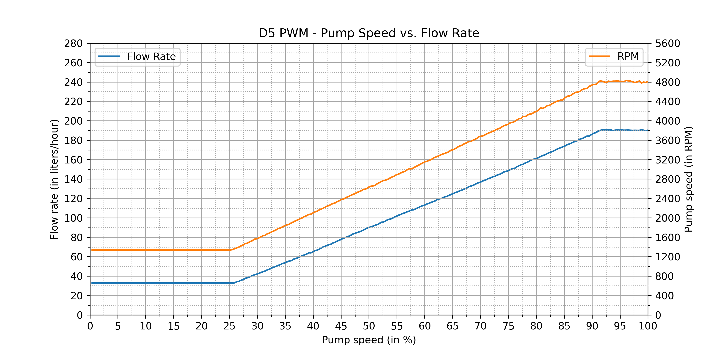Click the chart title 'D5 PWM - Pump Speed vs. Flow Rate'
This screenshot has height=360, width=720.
pyautogui.click(x=369, y=33)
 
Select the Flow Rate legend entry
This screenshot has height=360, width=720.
pyautogui.click(x=151, y=57)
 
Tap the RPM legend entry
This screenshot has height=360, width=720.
pyautogui.click(x=628, y=56)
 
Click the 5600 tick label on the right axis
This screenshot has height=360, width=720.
pyautogui.click(x=667, y=44)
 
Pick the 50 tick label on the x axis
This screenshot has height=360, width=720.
pyautogui.click(x=369, y=326)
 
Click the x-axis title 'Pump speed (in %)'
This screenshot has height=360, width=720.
pyautogui.click(x=369, y=340)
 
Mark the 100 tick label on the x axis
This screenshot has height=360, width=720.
pyautogui.click(x=648, y=326)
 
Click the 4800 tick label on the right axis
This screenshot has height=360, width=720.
pyautogui.click(x=667, y=83)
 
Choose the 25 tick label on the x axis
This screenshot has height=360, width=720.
pyautogui.click(x=229, y=326)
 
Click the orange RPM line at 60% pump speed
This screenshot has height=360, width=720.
pyautogui.click(x=425, y=162)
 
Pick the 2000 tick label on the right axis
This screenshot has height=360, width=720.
pyautogui.click(x=667, y=218)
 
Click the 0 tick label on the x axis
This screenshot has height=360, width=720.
pyautogui.click(x=90, y=326)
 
